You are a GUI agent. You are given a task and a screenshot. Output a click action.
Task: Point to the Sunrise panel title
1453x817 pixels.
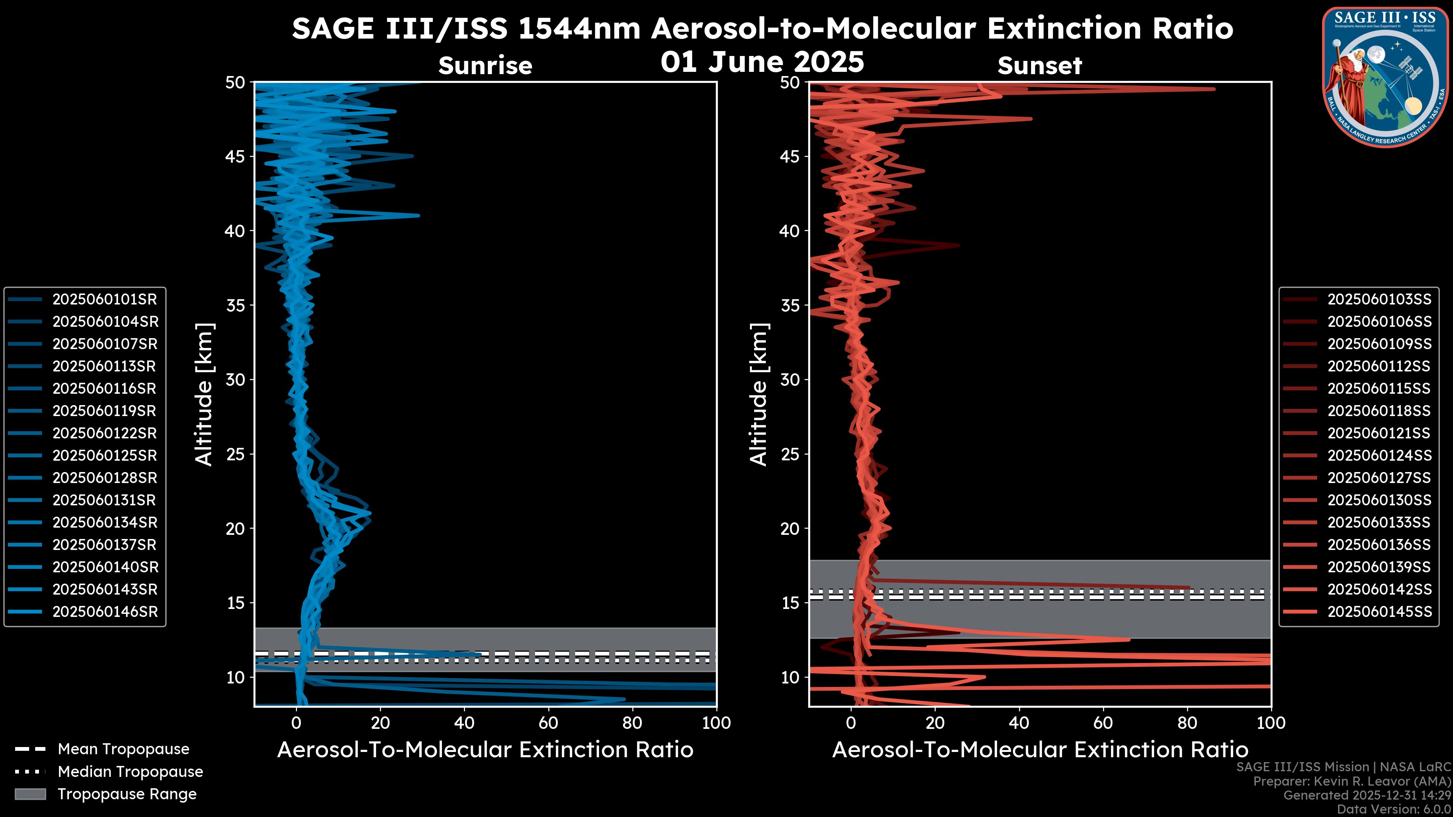point(485,66)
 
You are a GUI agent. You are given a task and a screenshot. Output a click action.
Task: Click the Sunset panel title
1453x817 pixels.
point(1039,66)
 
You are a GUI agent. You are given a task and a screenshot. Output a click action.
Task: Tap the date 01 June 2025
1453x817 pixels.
point(762,62)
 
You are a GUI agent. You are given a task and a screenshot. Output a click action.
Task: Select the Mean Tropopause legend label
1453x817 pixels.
point(123,749)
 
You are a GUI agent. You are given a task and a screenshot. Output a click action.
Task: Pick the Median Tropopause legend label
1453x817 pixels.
point(130,772)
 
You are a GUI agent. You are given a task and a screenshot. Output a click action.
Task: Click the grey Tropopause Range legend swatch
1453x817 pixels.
point(30,794)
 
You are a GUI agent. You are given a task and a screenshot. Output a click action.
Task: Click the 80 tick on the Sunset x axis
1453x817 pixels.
point(1187,723)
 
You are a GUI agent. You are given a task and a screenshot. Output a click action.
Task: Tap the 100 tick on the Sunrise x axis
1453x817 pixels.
point(716,723)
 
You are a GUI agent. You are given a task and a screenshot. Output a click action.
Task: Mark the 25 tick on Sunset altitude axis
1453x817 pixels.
point(790,454)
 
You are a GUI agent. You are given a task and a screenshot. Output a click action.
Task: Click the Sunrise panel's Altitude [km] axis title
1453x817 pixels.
point(204,394)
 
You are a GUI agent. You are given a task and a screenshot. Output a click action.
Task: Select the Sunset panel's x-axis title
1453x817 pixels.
point(1039,750)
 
